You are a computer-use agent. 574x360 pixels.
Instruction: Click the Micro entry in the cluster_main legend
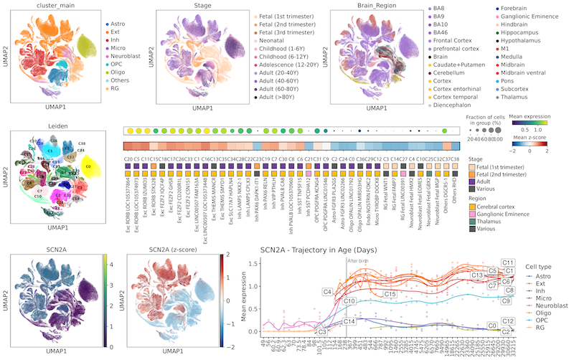pos(118,44)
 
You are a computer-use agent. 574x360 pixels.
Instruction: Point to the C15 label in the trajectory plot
pos(390,294)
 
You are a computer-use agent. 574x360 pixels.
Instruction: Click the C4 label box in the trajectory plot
pos(328,292)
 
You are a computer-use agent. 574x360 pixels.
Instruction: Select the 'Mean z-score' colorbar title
pos(527,141)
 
